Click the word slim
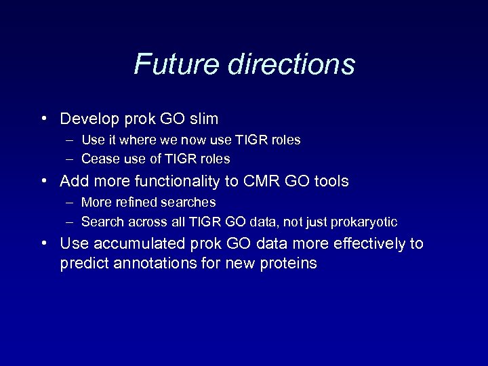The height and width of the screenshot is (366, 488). tap(204, 119)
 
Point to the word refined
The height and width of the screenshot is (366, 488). tap(136, 202)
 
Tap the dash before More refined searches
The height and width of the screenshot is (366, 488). tap(70, 202)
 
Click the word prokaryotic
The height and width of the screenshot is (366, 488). tap(364, 222)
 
